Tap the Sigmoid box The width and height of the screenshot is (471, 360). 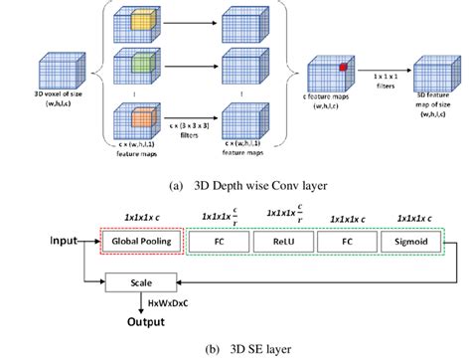[409, 240]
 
